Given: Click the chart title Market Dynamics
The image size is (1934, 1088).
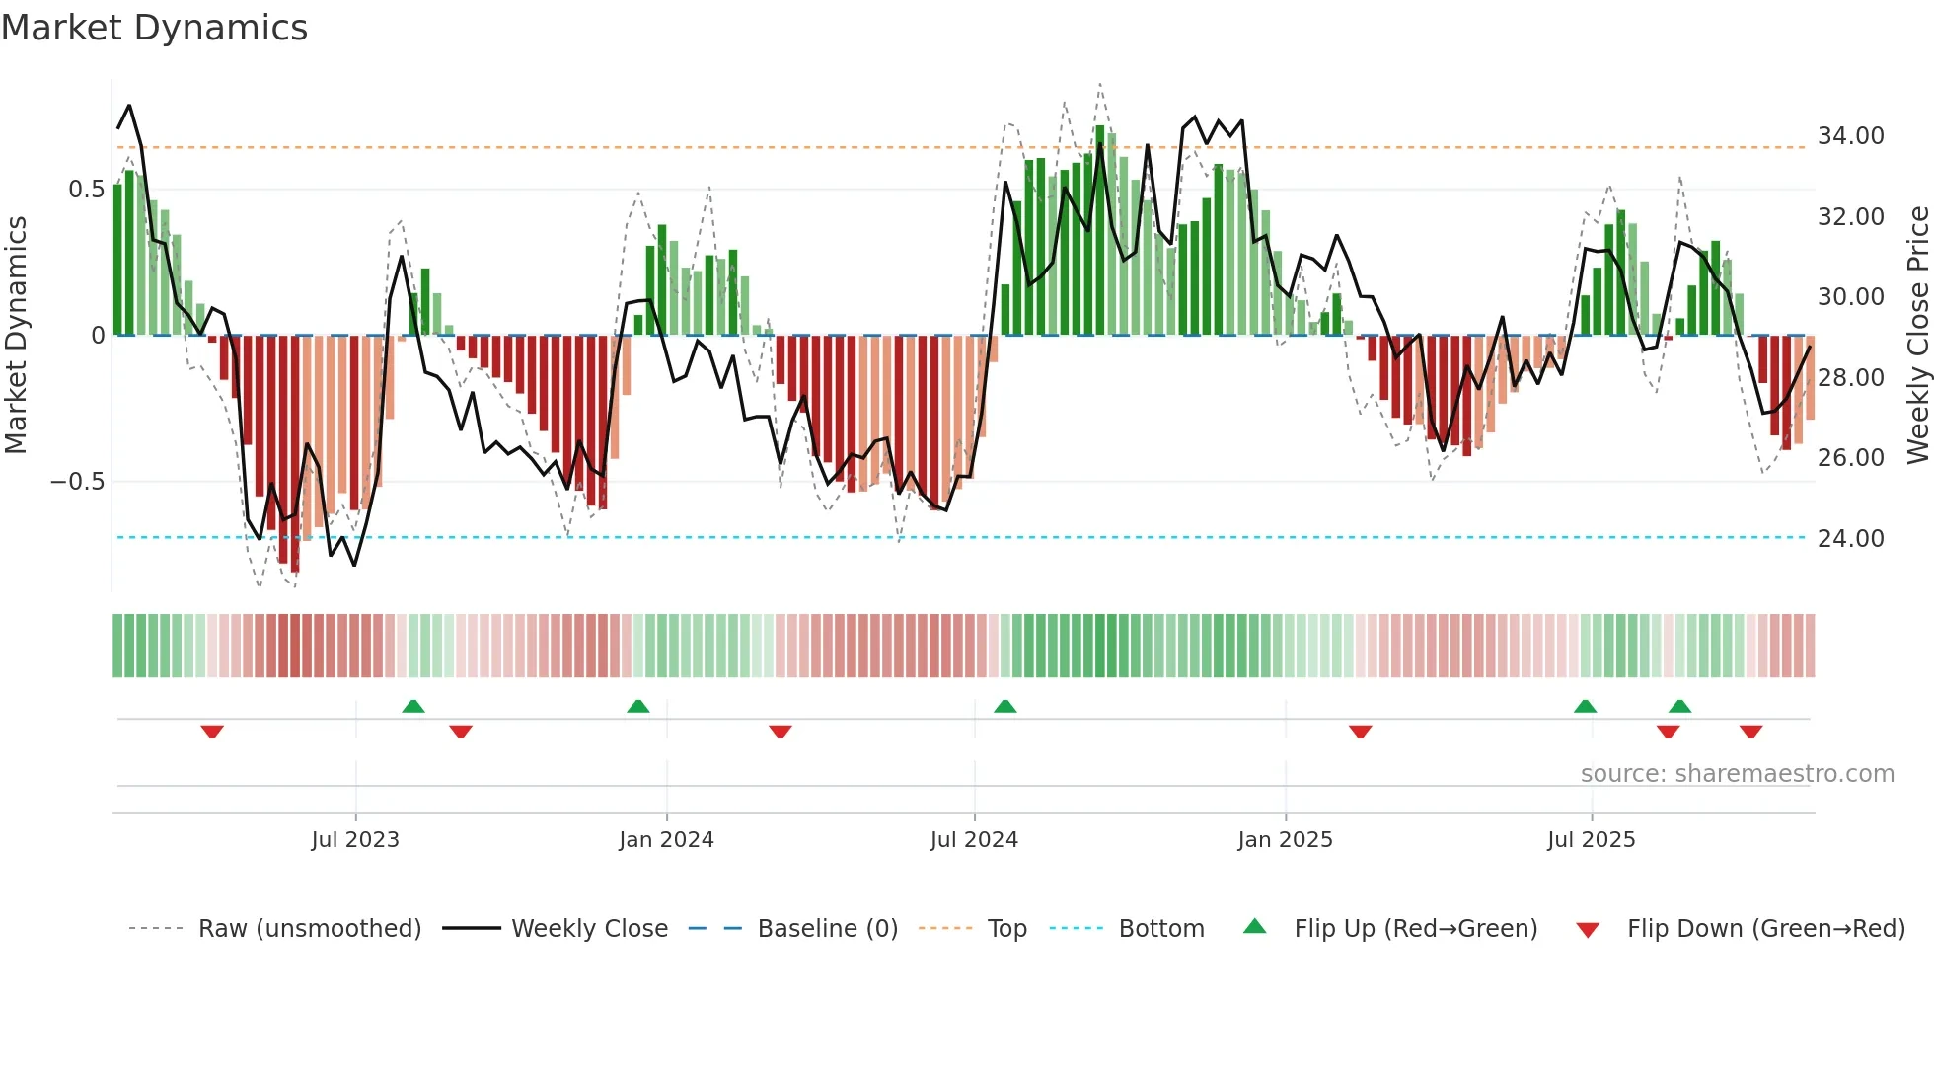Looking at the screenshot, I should click(x=154, y=28).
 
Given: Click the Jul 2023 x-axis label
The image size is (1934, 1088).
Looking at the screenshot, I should click(x=355, y=840).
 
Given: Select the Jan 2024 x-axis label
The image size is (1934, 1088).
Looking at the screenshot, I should click(x=666, y=840).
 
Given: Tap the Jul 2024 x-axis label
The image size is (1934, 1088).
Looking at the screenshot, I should click(x=974, y=840).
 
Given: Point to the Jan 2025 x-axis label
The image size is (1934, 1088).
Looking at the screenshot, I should click(x=1285, y=840).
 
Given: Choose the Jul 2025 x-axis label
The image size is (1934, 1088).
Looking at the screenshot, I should click(x=1591, y=840).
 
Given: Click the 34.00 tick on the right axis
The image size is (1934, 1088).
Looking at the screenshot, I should click(x=1850, y=136).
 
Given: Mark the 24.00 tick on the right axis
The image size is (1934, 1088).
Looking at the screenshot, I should click(x=1850, y=539).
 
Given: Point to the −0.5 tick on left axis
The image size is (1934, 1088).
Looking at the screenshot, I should click(x=77, y=482).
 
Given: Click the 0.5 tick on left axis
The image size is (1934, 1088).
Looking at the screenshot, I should click(x=86, y=190).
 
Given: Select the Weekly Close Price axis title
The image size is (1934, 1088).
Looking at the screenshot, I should click(x=1917, y=336).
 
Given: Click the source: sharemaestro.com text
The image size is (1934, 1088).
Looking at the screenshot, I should click(x=1737, y=774).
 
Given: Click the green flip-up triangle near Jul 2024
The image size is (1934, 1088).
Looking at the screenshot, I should click(x=1004, y=706).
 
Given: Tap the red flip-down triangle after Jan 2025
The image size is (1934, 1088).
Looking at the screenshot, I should click(x=1360, y=732).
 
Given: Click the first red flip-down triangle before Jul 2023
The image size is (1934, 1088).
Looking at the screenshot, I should click(x=212, y=732).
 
